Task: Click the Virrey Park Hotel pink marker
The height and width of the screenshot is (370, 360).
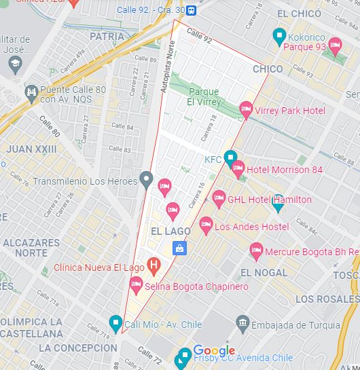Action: click(246, 109)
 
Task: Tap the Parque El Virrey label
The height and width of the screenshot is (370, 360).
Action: click(203, 96)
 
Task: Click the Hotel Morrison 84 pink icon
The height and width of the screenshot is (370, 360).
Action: click(238, 168)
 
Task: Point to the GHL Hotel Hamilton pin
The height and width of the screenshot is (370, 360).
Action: click(219, 198)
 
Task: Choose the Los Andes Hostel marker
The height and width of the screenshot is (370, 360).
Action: click(206, 225)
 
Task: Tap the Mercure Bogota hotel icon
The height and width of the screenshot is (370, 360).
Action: click(256, 251)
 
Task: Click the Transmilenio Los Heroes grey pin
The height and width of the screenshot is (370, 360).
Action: click(146, 180)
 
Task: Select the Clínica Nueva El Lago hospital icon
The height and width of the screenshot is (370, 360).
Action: click(154, 265)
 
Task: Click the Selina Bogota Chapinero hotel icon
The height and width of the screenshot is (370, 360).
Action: click(136, 284)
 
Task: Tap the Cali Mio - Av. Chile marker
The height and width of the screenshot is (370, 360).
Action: click(115, 322)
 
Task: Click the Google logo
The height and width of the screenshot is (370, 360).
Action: click(214, 350)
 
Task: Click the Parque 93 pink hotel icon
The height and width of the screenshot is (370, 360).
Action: click(334, 45)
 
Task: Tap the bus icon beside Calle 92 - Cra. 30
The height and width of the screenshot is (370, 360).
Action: click(192, 10)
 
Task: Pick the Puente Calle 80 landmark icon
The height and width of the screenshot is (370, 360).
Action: click(31, 92)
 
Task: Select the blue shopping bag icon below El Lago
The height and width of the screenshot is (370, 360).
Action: click(179, 248)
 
